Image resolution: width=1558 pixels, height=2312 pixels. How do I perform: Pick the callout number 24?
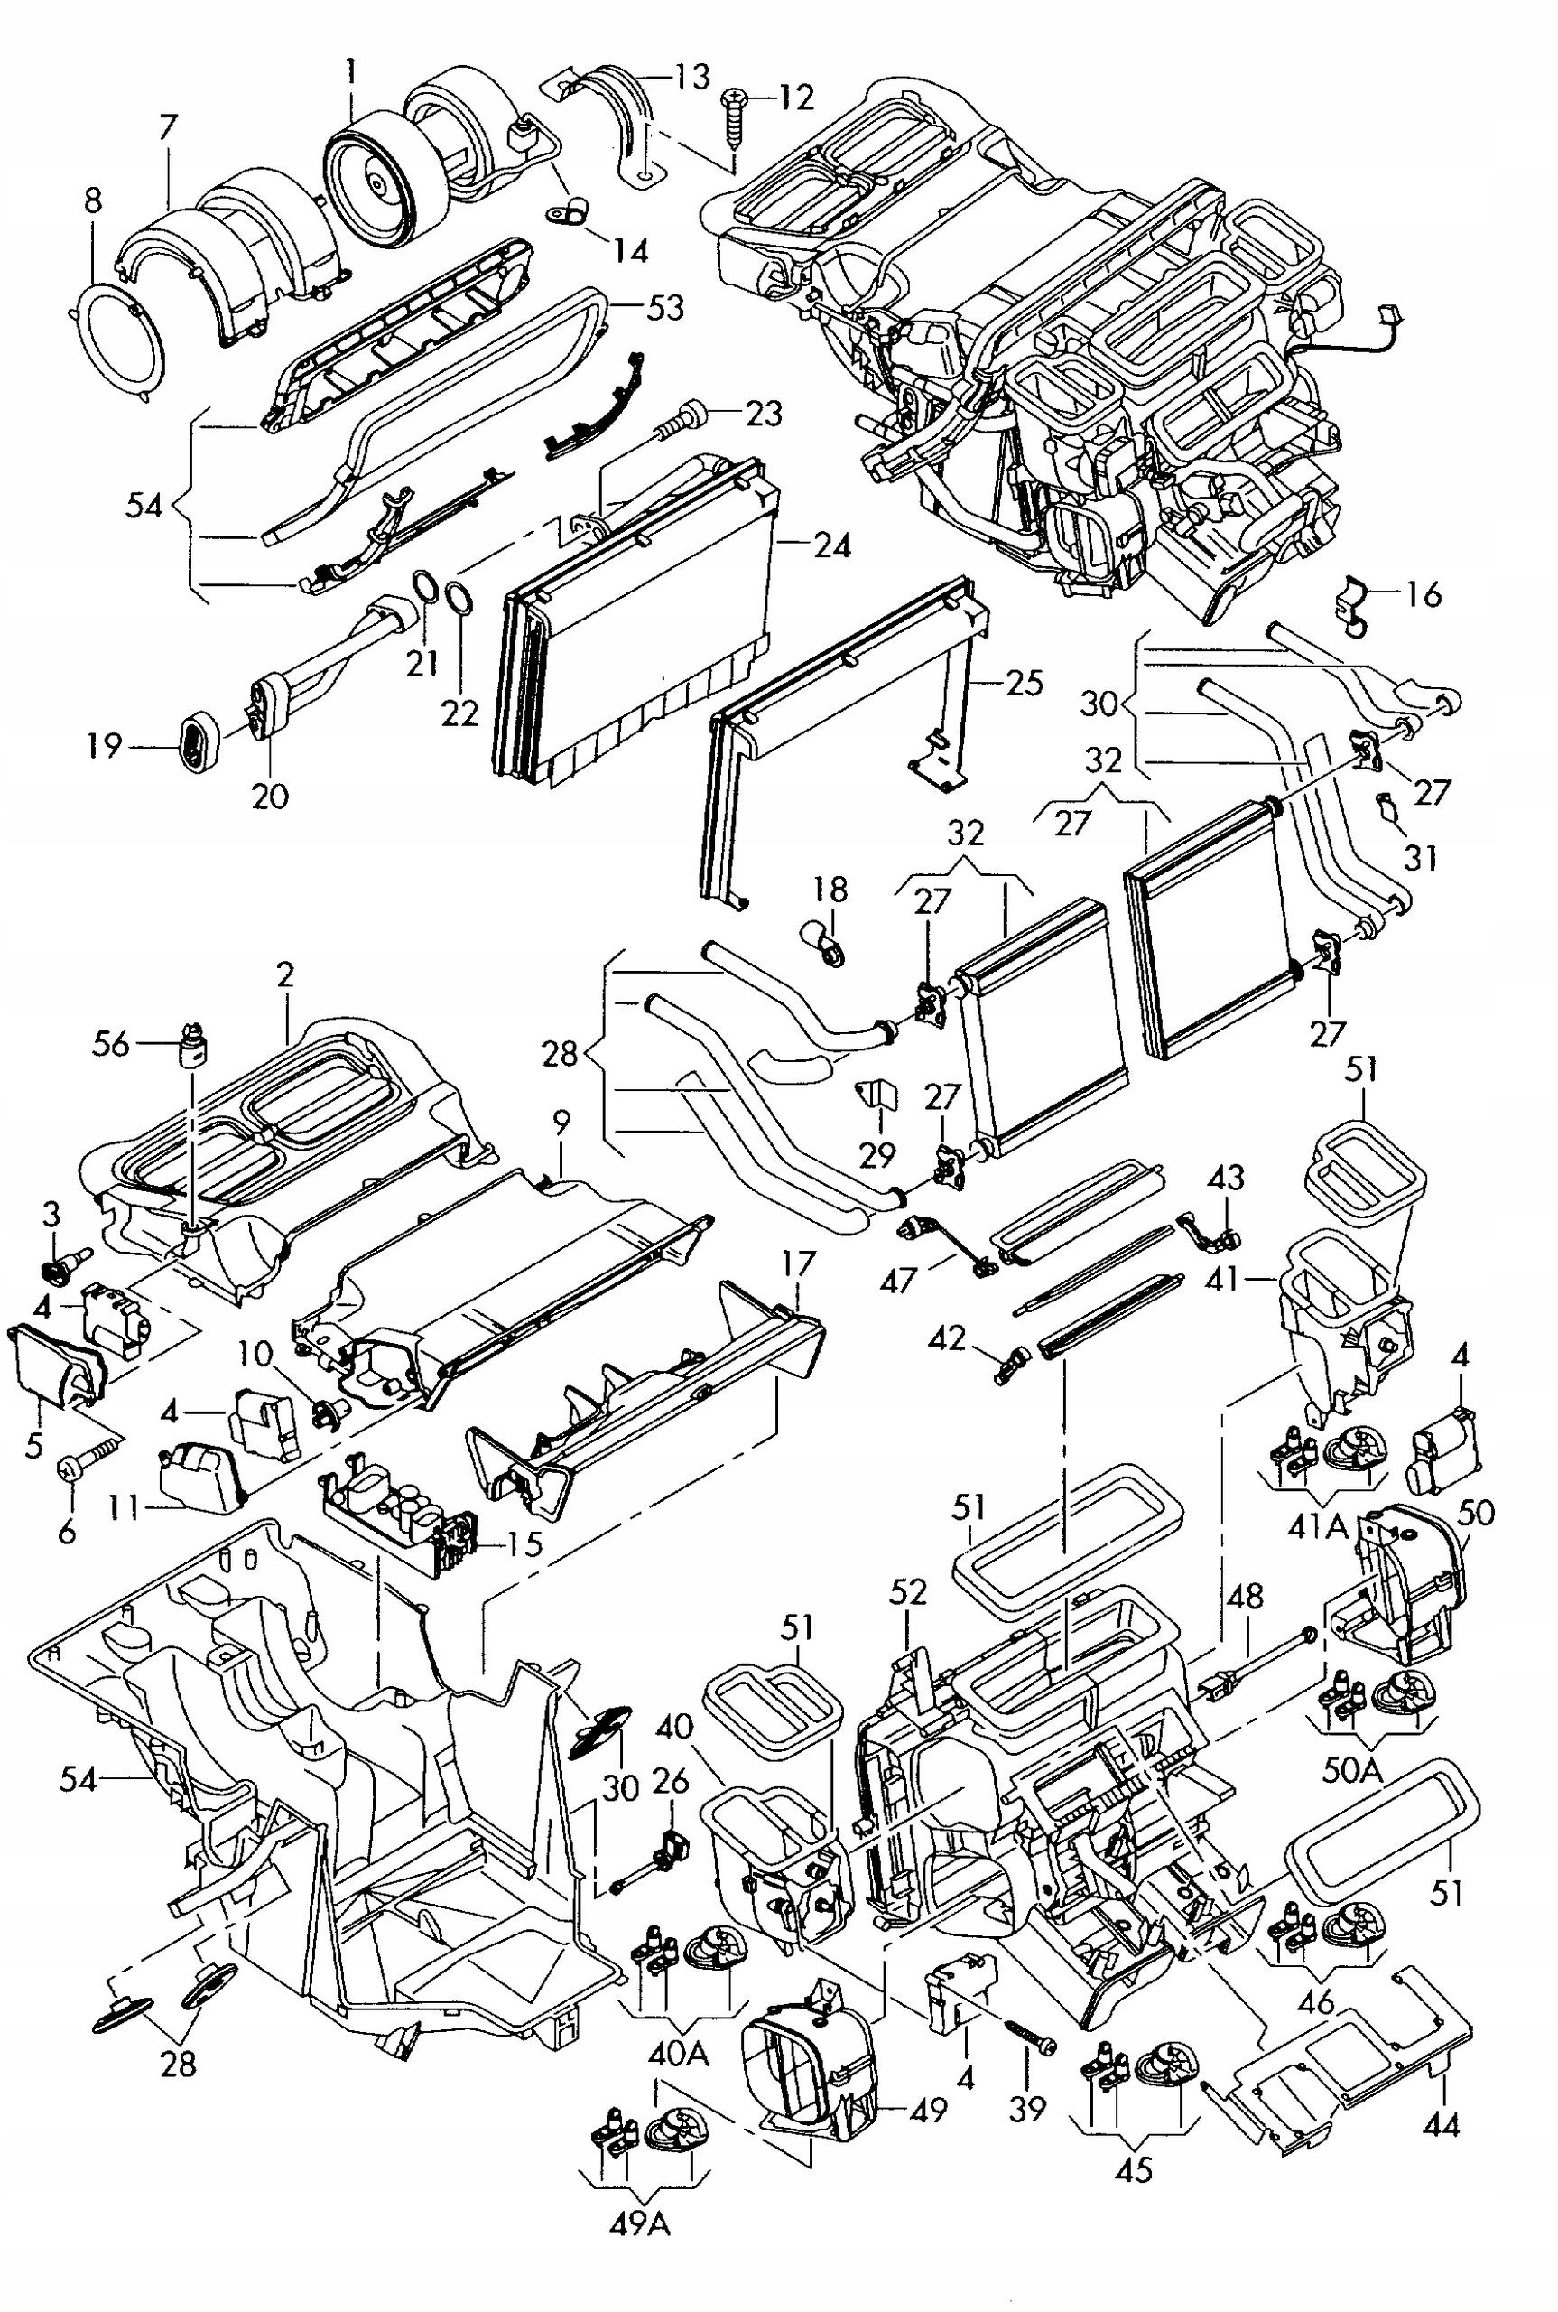pyautogui.click(x=832, y=545)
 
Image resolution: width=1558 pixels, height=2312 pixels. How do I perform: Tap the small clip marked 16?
pyautogui.click(x=1354, y=604)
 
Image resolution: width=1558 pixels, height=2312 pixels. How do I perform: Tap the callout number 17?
pyautogui.click(x=798, y=1264)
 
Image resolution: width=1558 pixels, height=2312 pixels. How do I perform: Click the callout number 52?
pyautogui.click(x=907, y=1591)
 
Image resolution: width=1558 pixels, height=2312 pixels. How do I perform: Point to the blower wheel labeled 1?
pyautogui.click(x=368, y=180)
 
